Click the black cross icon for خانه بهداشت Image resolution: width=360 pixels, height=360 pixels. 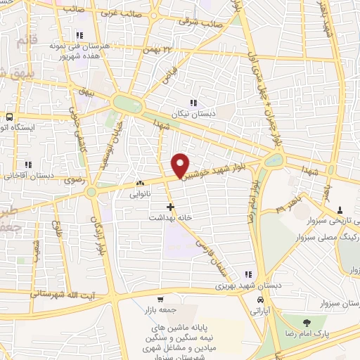click(x=169, y=207)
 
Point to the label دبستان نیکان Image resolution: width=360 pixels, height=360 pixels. click(x=194, y=112)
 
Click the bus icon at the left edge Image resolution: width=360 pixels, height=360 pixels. click(x=9, y=117)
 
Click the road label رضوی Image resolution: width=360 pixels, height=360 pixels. click(x=74, y=180)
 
